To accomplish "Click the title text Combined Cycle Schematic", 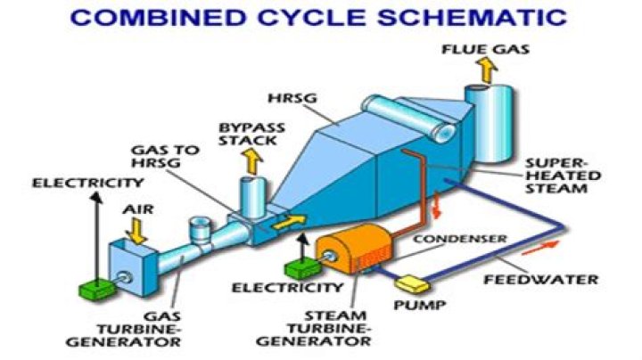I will (320, 18).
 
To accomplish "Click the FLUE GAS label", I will (485, 46).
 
